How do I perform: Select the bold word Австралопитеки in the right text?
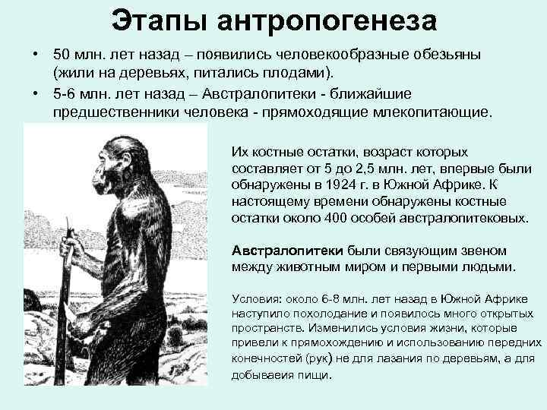(x=287, y=250)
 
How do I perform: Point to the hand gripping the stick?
(x=73, y=247)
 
